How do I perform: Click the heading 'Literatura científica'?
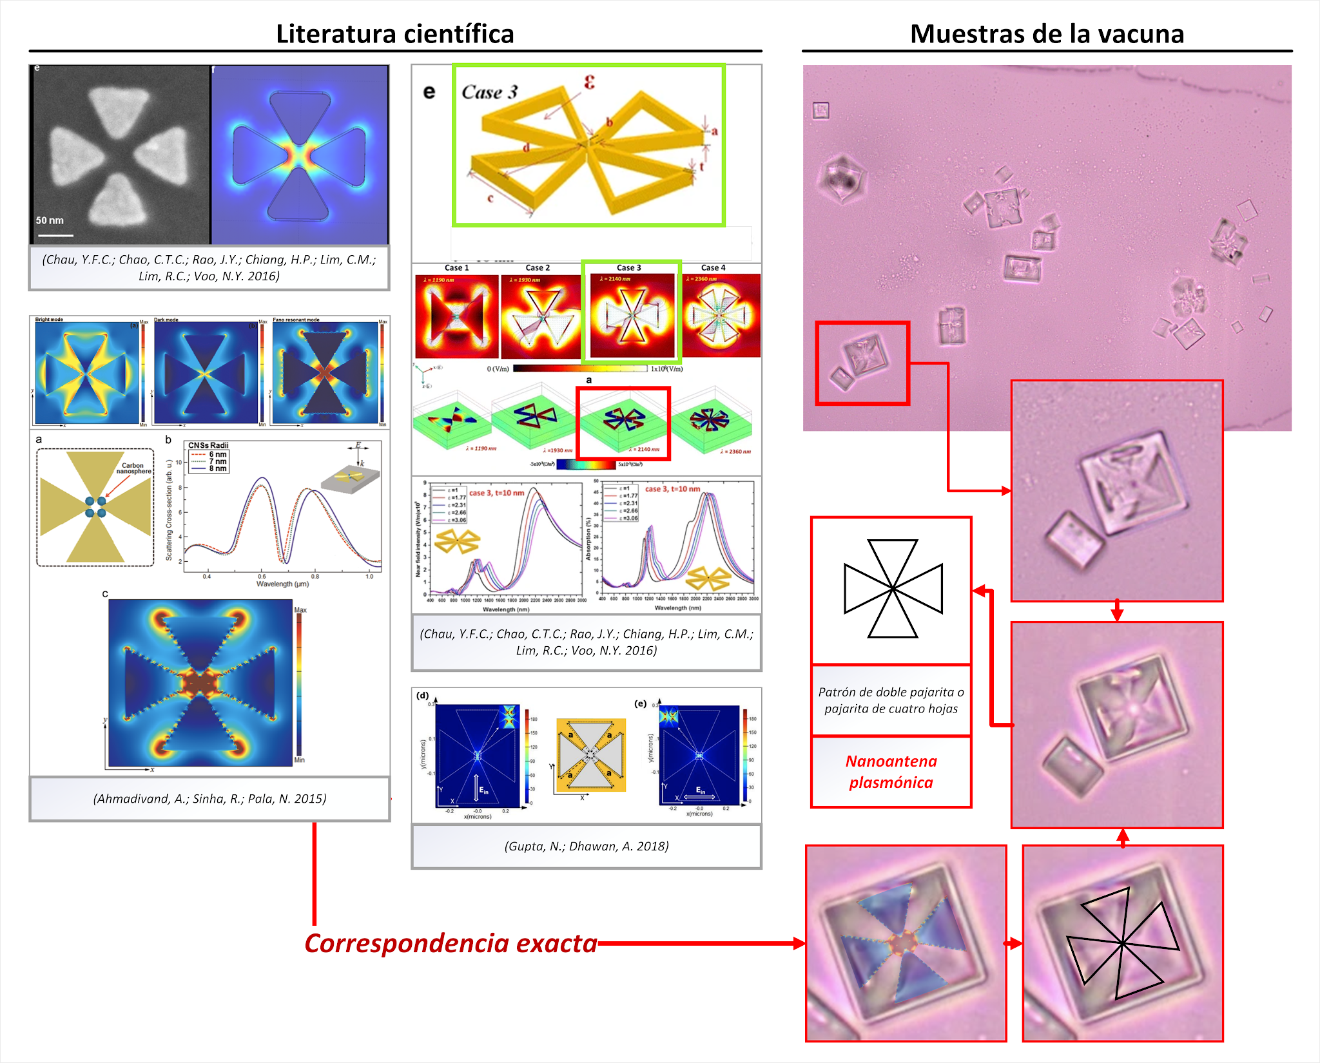click(x=394, y=34)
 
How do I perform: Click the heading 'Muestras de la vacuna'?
click(x=1047, y=34)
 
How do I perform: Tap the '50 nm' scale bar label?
click(x=50, y=220)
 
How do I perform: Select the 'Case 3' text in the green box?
click(x=489, y=92)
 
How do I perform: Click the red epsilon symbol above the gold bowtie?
click(x=589, y=82)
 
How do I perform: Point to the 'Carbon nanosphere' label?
click(x=133, y=468)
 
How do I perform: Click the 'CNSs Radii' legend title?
click(x=208, y=445)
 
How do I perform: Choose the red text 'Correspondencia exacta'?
click(x=451, y=943)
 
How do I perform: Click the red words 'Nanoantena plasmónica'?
click(x=891, y=772)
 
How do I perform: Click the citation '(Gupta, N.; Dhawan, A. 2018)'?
click(x=586, y=846)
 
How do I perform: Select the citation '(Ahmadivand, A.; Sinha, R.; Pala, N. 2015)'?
click(x=209, y=798)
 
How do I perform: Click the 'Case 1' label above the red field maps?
click(x=456, y=267)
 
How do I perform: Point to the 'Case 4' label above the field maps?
click(x=713, y=267)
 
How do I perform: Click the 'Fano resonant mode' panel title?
click(x=296, y=320)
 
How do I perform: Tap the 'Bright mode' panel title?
click(x=49, y=320)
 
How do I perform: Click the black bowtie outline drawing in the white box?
click(x=893, y=589)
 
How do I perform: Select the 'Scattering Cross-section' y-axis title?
click(x=170, y=509)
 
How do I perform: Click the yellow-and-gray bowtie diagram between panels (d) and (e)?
click(x=590, y=755)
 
